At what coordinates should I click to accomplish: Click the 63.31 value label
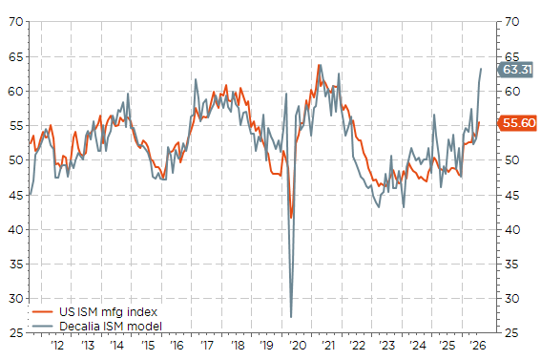coord(515,70)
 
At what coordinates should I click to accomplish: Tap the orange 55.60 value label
coord(517,123)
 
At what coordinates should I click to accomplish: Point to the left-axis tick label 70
coord(16,22)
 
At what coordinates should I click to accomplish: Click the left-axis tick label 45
coord(16,196)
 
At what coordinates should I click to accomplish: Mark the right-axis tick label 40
coord(512,230)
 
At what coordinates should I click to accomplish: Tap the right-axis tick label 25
coord(512,333)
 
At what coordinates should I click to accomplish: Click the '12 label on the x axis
coord(57,345)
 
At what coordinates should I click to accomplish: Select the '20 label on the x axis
coord(298,345)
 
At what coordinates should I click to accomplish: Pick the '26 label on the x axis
coord(478,345)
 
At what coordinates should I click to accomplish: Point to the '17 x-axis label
coord(207,345)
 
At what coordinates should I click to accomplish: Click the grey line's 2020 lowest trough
coord(291,317)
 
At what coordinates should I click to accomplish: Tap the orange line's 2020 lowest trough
coord(291,218)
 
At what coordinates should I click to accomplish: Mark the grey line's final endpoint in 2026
coord(481,69)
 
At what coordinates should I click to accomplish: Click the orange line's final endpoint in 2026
coord(479,122)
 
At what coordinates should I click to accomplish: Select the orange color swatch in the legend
coord(43,312)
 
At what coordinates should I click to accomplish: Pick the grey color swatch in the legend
coord(43,327)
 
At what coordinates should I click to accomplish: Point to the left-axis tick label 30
coord(16,299)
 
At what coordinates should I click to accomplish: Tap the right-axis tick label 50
coord(512,160)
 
